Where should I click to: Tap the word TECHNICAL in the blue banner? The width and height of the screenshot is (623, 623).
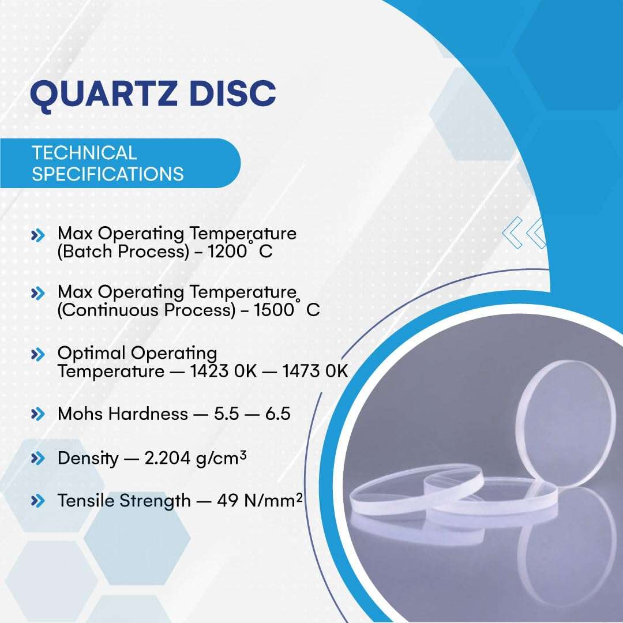coord(84,153)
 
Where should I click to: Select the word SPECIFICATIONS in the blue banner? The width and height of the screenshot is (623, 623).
coord(108,174)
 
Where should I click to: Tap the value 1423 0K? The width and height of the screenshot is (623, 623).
coord(224,371)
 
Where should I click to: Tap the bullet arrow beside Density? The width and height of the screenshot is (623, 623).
coord(38,459)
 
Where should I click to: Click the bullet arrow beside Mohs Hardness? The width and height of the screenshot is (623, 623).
coord(38,414)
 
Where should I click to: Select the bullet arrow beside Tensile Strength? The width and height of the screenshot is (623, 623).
coord(38,501)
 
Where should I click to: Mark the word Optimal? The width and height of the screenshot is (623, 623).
coord(92,352)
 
